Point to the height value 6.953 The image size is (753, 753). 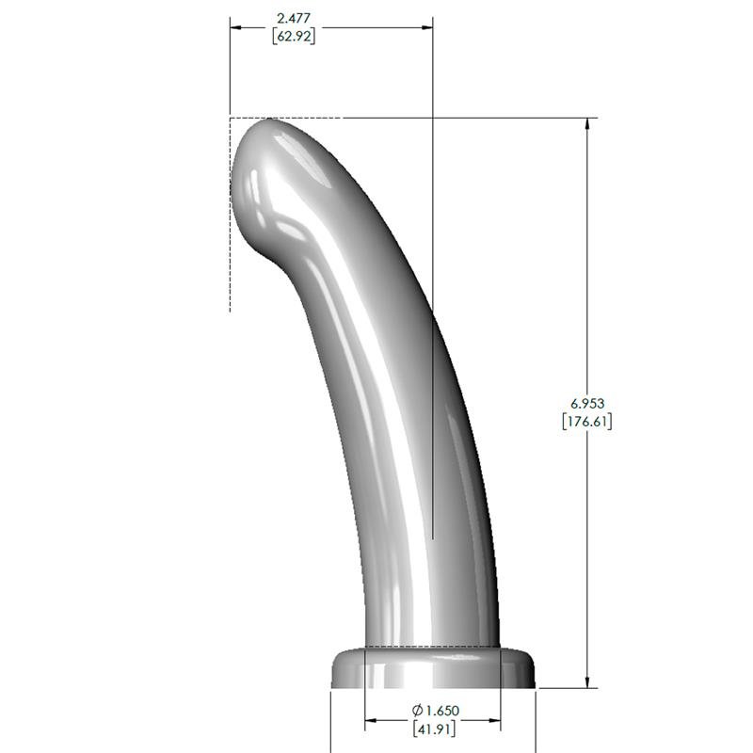[x=586, y=403]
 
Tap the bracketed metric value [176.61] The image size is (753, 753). [x=586, y=422]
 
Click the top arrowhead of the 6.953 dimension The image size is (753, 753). [x=588, y=124]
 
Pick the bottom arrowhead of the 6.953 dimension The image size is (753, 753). [x=588, y=681]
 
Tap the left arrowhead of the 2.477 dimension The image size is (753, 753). [x=236, y=27]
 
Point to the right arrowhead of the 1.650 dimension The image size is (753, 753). [x=494, y=722]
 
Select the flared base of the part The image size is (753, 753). [x=433, y=668]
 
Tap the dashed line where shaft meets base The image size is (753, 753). [x=433, y=647]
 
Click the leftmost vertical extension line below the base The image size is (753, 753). [x=330, y=720]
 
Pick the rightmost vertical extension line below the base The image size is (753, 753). [x=537, y=720]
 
